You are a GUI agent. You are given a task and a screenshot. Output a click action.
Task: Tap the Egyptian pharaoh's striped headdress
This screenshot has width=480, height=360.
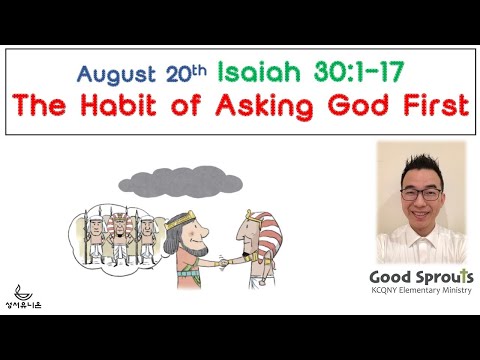257,220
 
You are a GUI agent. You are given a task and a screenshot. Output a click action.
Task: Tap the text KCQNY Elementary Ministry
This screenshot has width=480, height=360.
420,294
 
